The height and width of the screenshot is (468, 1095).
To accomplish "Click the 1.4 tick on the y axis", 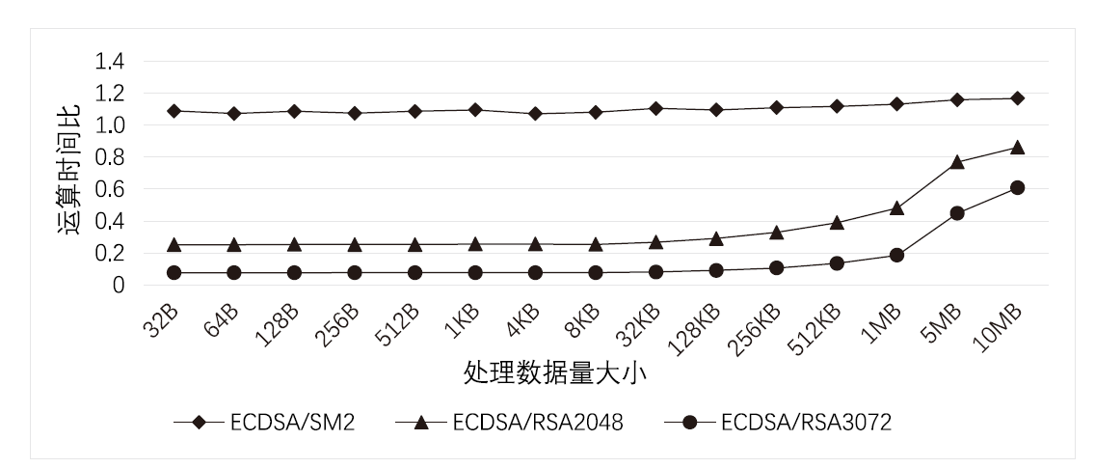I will coord(108,62).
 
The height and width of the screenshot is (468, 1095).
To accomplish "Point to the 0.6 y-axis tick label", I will coord(108,189).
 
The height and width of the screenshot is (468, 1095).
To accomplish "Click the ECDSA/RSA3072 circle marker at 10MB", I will coord(1017,188).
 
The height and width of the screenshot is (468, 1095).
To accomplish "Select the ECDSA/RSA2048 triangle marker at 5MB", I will coord(957,162).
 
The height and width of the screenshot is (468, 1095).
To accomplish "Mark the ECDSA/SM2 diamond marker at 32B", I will coord(174,111).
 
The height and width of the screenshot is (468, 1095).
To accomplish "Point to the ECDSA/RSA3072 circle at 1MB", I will coord(896,255).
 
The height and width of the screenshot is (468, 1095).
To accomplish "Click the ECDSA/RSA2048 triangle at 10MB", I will coord(1017,148).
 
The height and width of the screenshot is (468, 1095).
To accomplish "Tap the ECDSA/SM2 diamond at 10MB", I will coord(1017,98).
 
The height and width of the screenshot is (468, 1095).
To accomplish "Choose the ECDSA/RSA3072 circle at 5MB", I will coord(957,213).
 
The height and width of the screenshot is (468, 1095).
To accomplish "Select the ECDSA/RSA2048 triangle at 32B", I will coord(174,245).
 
